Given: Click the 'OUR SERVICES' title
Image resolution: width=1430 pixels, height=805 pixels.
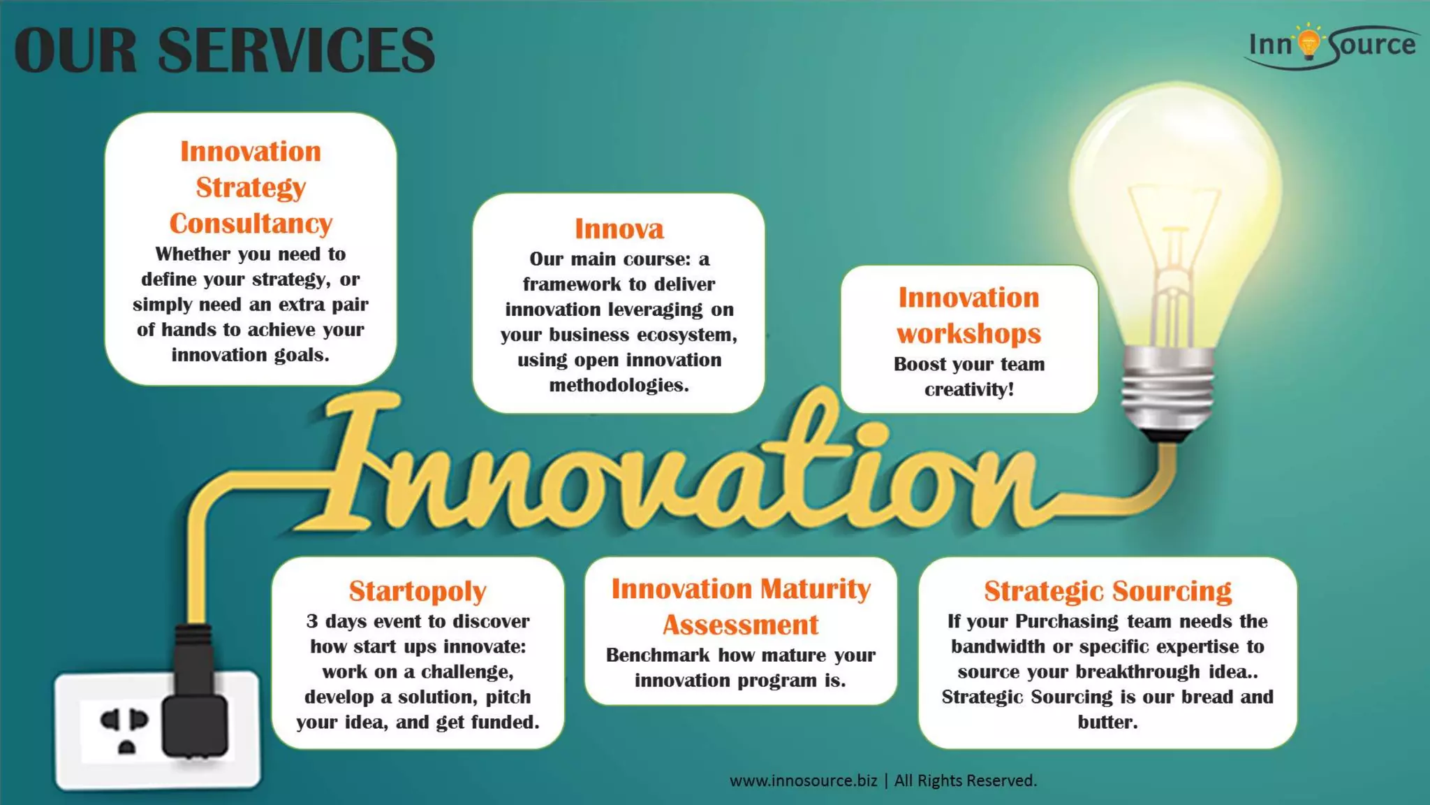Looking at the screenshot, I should click(x=224, y=50).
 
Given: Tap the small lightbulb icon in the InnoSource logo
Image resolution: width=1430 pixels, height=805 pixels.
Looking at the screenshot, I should click(x=1309, y=43).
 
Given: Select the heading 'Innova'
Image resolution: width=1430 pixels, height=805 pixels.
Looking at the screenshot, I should click(x=619, y=229).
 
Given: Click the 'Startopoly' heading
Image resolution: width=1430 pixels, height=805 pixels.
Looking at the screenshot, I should click(x=418, y=591).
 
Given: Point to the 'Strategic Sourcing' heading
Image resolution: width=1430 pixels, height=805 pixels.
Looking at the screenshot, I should click(x=1107, y=591).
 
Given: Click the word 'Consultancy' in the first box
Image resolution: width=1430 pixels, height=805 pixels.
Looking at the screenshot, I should click(x=251, y=224).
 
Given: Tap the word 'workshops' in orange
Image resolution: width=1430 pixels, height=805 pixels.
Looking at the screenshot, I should click(x=968, y=334).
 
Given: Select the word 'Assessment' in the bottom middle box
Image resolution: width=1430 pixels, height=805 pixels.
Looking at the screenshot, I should click(x=740, y=625).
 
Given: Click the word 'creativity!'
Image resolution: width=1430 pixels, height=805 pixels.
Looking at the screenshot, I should click(x=969, y=389).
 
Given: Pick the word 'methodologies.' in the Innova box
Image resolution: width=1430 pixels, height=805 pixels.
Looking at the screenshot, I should click(x=619, y=385).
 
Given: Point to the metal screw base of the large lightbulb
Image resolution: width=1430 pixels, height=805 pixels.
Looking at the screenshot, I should click(x=1167, y=391).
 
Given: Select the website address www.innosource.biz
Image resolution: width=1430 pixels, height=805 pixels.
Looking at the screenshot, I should click(x=803, y=781).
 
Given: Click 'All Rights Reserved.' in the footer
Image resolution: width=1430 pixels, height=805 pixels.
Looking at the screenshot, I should click(x=966, y=781).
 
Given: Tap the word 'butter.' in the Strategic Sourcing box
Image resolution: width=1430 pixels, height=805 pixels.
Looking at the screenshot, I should click(x=1107, y=722).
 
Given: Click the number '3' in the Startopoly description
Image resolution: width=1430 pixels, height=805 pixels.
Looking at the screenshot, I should click(x=311, y=621).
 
